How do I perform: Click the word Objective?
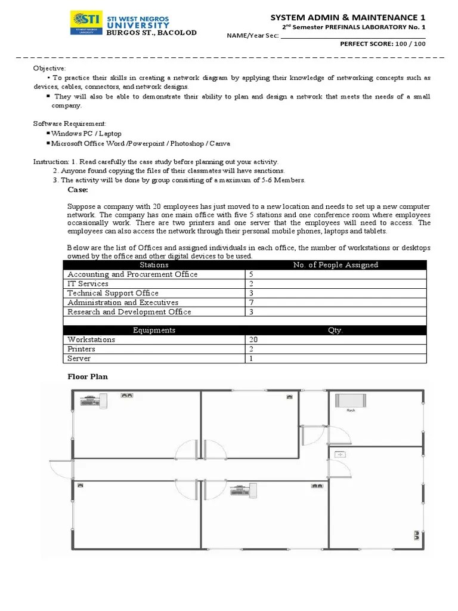49,69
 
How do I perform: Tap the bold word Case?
78,190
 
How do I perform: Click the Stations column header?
154,265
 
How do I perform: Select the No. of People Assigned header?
336,265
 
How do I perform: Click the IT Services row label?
88,284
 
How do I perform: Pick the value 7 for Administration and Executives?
250,303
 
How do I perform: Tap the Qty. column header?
335,330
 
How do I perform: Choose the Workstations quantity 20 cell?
253,340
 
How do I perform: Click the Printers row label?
81,349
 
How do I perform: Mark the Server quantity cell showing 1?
250,359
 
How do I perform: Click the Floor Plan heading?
87,377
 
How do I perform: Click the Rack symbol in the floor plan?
346,400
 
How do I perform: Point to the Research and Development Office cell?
129,312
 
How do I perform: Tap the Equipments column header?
154,330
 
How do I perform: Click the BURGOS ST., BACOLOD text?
151,33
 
